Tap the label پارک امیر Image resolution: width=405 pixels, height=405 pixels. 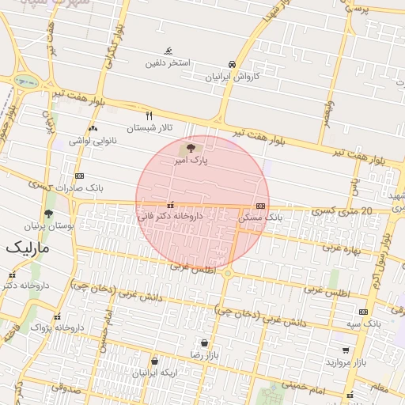(191, 161)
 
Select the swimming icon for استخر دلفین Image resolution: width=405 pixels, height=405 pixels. (168, 51)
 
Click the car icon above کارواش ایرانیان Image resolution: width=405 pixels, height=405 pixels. (232, 64)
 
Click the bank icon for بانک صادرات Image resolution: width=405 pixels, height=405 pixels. (79, 176)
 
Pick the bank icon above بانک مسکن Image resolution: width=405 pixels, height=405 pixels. (260, 206)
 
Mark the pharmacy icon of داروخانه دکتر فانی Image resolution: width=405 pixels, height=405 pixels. (171, 205)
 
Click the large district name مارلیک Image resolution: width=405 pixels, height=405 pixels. (28, 248)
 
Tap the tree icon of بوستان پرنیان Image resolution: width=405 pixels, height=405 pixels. (48, 214)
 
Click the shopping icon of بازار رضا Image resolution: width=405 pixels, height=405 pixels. (205, 343)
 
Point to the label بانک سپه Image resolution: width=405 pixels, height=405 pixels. (365, 324)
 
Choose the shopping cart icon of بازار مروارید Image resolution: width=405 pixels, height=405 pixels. (346, 350)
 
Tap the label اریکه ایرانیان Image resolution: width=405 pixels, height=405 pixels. (155, 372)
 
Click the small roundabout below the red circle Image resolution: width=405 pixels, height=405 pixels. (228, 273)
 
